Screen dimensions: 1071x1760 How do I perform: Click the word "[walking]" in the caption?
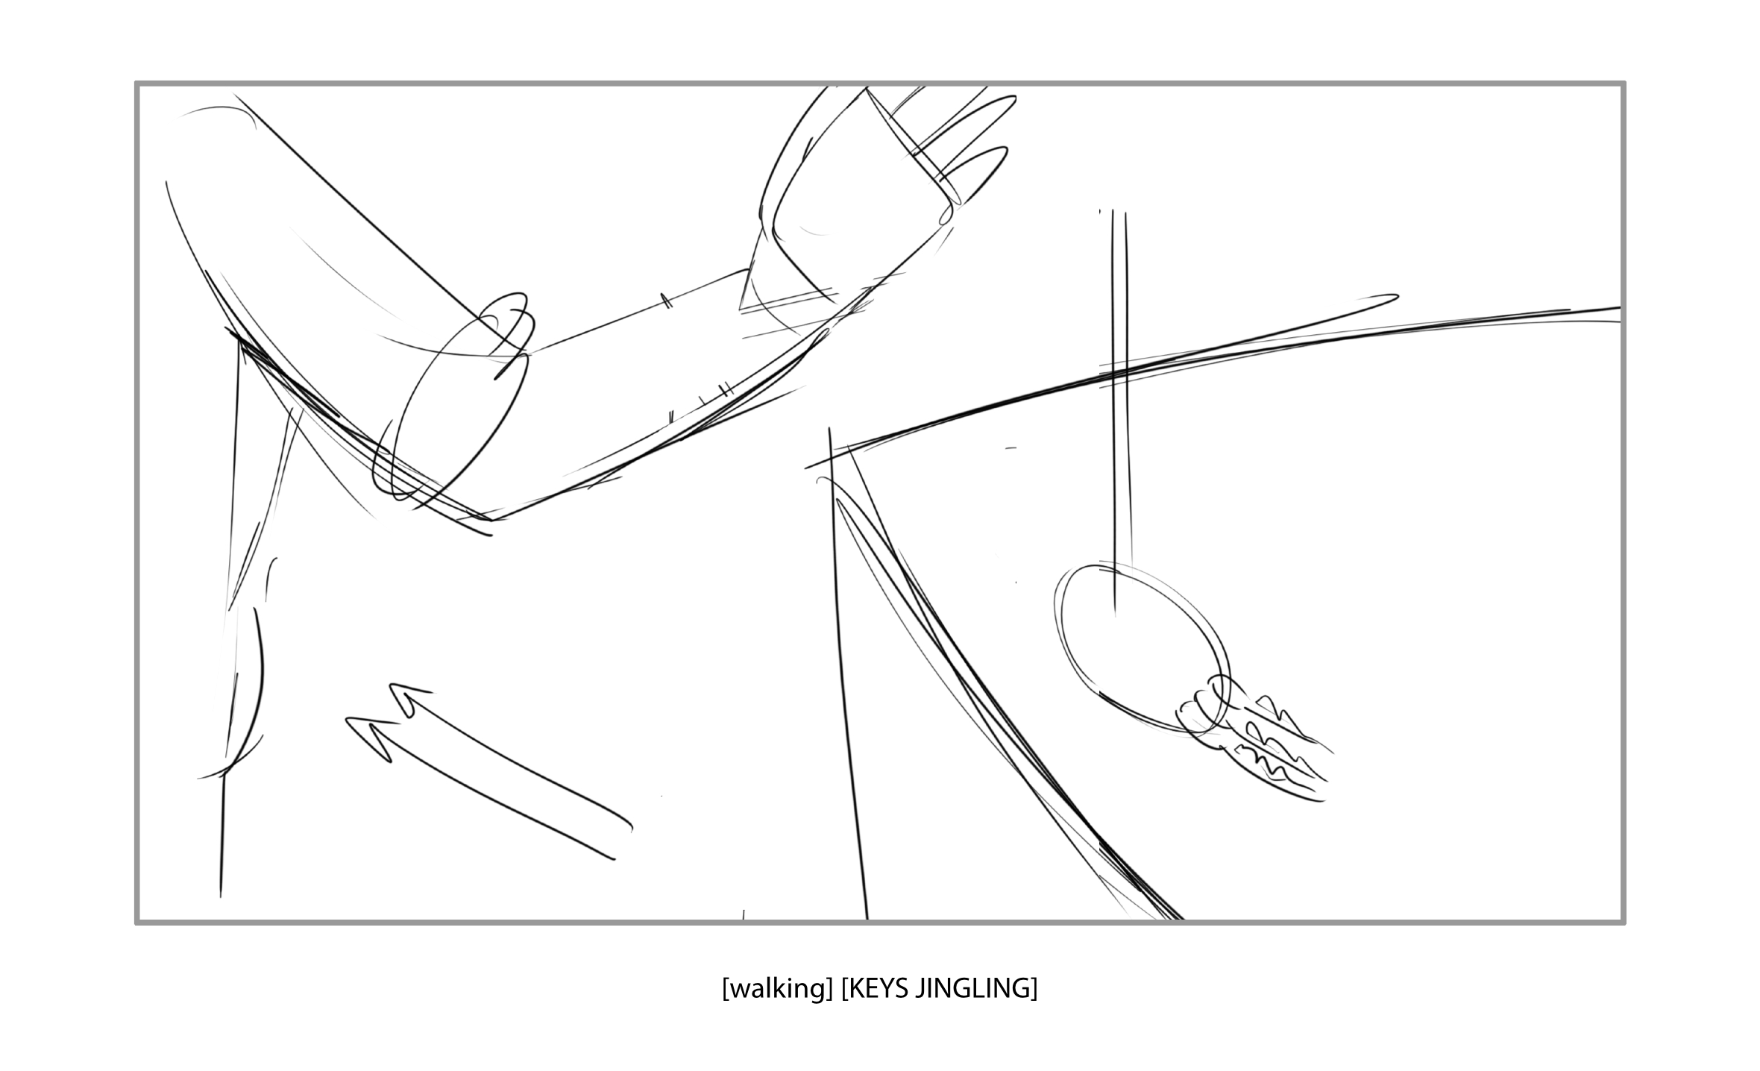tap(776, 989)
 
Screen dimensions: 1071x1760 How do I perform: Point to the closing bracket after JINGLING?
tap(1034, 989)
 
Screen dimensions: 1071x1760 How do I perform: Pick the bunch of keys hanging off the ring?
tap(1268, 753)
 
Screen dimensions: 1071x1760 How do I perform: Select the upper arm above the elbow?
tap(321, 246)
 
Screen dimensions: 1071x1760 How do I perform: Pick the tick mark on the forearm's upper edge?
tap(664, 300)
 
